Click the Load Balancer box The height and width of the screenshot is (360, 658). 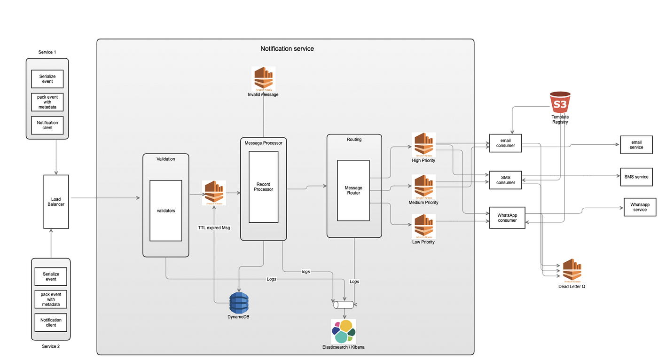click(56, 202)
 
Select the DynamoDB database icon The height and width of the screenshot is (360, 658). click(239, 303)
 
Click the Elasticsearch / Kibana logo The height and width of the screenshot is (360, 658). click(344, 331)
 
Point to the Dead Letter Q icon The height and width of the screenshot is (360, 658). click(572, 270)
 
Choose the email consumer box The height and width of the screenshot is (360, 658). click(506, 143)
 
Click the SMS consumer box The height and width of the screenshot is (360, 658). click(506, 180)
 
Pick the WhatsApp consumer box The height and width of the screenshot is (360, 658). click(507, 218)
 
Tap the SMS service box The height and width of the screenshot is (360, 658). click(636, 177)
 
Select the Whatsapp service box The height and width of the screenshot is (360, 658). click(640, 207)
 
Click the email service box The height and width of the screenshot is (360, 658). click(636, 145)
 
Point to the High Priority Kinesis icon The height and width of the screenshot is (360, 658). click(423, 144)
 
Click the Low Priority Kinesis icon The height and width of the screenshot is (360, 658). click(423, 226)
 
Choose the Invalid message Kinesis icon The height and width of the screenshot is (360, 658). click(263, 78)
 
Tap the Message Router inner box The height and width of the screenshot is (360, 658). click(353, 190)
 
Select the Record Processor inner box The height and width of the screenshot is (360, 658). click(263, 187)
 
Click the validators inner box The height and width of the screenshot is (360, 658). click(166, 211)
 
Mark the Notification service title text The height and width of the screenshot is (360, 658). click(287, 49)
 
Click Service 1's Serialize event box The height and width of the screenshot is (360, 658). click(47, 79)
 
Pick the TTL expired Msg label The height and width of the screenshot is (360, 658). click(214, 227)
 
